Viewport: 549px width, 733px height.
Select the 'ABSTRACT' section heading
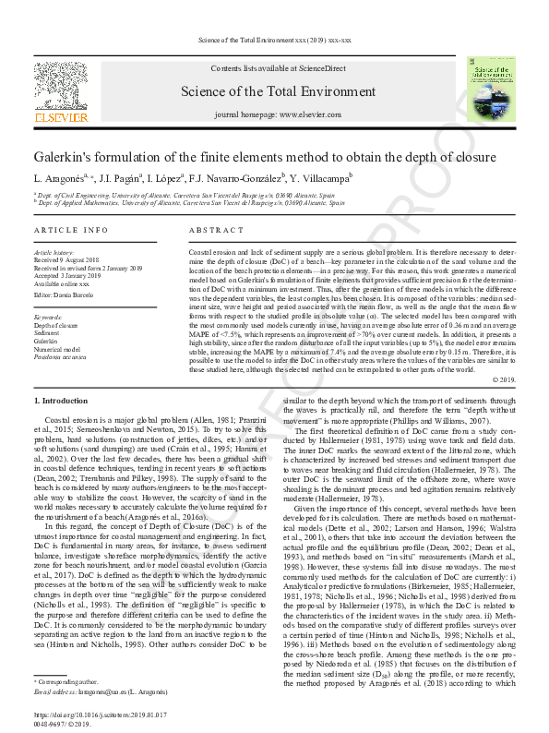(215, 229)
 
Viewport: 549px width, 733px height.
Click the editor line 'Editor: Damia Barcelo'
(67, 294)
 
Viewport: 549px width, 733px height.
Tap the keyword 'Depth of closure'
(56, 326)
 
